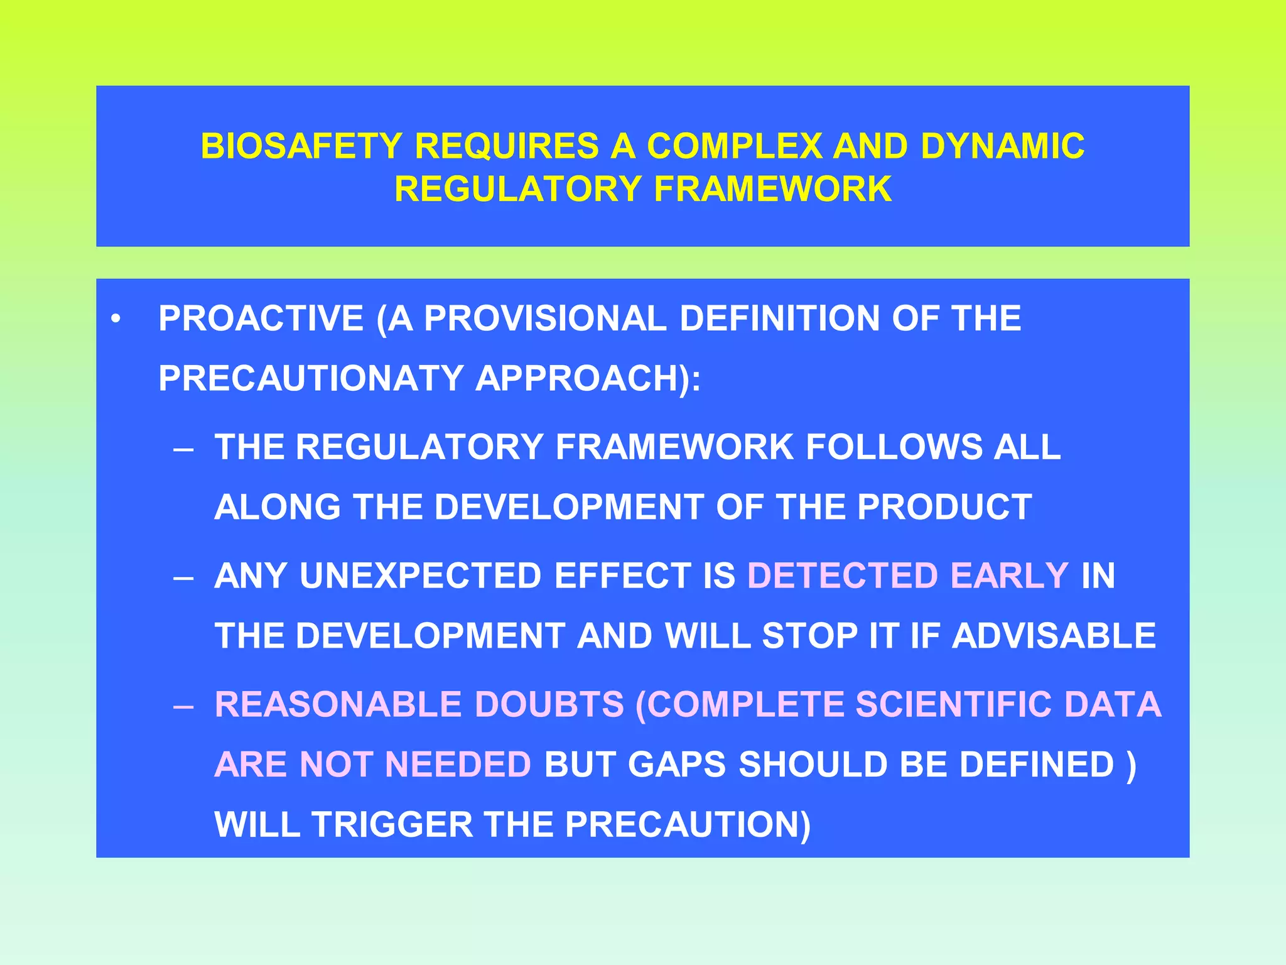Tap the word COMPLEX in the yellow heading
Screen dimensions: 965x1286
734,146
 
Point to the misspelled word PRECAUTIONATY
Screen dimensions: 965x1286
311,378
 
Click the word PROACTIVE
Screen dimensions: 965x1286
261,318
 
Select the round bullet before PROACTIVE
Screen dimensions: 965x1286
115,319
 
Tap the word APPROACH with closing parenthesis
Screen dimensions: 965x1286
588,378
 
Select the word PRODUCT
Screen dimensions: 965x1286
944,507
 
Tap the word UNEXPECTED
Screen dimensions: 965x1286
420,575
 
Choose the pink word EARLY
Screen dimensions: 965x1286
1009,575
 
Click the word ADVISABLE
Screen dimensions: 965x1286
1054,636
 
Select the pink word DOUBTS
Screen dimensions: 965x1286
549,704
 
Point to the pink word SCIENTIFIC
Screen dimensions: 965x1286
953,704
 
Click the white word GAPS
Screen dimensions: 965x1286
676,765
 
